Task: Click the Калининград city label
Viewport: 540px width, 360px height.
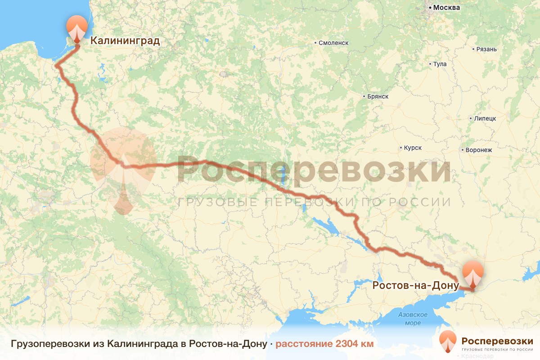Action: point(125,41)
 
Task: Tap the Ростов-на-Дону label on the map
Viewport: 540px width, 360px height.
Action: point(415,285)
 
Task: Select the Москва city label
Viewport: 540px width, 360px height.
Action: point(446,8)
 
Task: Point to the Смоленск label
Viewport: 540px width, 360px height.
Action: point(334,43)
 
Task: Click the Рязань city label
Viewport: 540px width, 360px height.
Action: point(486,49)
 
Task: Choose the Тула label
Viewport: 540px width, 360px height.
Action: point(440,64)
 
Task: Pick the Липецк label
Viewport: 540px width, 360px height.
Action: point(484,119)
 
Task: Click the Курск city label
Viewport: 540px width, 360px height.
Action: point(413,148)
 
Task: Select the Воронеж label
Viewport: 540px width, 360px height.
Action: point(480,150)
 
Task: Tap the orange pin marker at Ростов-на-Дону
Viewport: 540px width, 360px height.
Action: point(473,274)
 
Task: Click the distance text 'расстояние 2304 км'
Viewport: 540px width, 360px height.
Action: point(324,344)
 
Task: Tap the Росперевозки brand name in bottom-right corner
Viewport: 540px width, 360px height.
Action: point(497,340)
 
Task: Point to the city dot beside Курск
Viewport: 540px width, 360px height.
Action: point(401,148)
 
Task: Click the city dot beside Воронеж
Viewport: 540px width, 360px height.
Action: point(463,150)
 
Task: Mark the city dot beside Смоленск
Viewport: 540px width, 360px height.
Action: point(315,43)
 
